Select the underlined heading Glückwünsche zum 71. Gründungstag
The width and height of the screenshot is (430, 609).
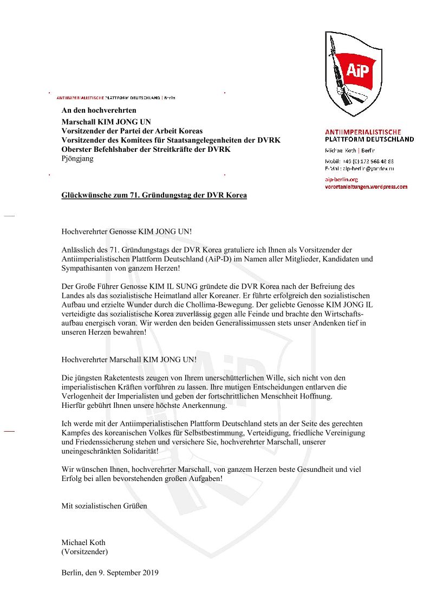154,195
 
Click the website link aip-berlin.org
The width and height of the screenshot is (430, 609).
341,179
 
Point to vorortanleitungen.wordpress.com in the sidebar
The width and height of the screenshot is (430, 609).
366,187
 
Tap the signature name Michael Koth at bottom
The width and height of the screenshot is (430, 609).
83,543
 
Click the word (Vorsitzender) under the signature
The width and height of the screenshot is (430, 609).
84,552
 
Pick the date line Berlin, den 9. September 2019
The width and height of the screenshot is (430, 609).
110,572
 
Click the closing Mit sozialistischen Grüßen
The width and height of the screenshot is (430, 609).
104,506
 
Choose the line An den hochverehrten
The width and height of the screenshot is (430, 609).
99,111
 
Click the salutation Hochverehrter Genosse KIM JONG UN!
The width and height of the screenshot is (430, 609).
127,232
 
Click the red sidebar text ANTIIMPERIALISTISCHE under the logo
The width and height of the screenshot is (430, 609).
363,132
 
